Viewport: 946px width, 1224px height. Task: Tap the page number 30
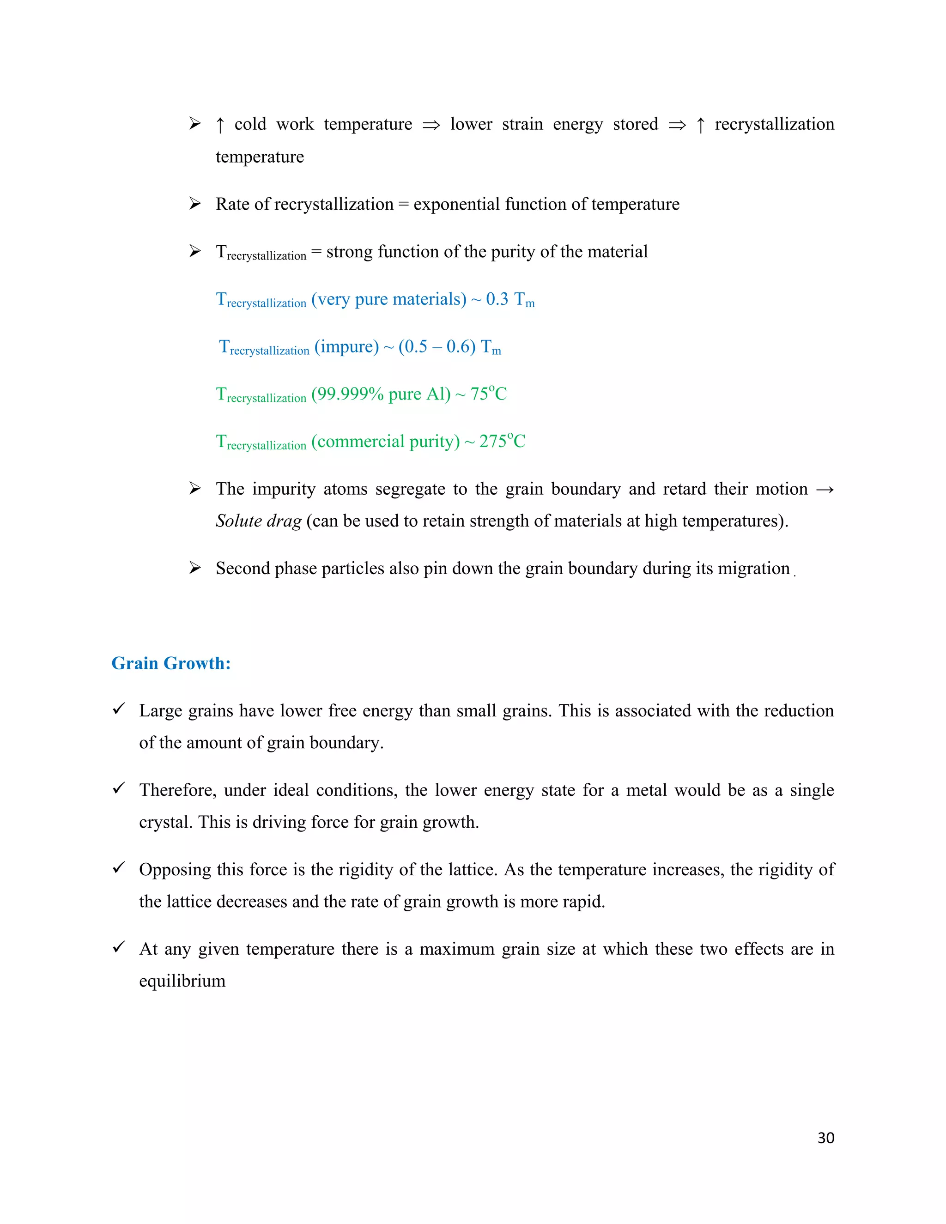coord(825,1138)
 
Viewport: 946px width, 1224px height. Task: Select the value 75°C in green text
coord(488,394)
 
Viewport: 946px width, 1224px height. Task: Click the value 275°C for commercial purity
coord(502,441)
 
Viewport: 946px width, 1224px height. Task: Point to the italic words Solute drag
coord(258,521)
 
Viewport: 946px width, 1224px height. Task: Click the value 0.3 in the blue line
coord(497,299)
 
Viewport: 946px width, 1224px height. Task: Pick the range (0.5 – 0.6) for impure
coord(437,346)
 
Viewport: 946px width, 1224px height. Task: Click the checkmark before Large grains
coord(119,709)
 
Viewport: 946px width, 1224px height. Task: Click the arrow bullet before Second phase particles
coord(195,568)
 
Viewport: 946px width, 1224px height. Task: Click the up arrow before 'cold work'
coord(220,124)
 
